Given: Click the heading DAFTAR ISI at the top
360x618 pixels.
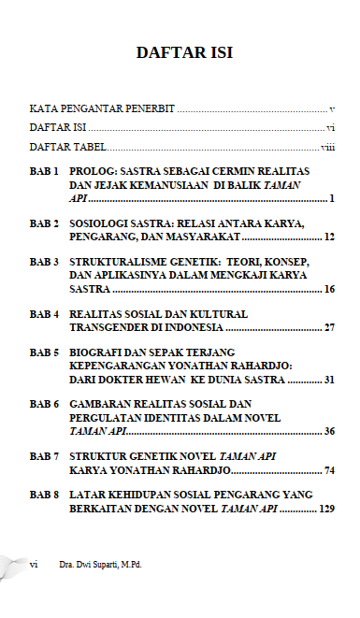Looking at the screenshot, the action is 184,52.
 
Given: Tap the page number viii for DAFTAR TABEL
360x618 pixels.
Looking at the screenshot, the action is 327,148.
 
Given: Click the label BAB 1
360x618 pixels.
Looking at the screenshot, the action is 45,173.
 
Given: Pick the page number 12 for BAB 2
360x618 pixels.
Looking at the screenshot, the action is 329,238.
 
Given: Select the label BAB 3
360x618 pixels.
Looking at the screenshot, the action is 45,264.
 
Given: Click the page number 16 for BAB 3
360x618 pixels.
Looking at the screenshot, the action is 329,290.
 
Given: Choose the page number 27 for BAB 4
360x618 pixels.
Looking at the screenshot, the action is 329,328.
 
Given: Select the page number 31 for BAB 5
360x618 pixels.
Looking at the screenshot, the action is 329,380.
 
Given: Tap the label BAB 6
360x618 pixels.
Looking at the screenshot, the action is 45,405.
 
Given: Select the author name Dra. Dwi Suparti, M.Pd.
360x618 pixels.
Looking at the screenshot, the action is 102,565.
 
